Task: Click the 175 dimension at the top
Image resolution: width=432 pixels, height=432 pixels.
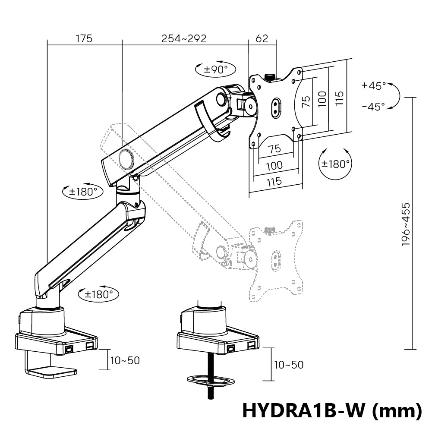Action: pos(84,38)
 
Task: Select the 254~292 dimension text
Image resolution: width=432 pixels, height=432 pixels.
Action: pos(184,38)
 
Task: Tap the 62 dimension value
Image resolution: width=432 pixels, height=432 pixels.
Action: pos(262,38)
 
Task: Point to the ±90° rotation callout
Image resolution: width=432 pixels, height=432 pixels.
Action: pos(216,69)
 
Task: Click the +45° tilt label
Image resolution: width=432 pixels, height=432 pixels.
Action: pos(374,85)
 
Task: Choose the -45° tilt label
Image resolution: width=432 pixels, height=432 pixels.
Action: pos(374,106)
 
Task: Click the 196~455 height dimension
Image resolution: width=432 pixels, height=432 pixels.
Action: pos(406,224)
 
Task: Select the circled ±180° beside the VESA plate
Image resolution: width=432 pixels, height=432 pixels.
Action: pos(335,164)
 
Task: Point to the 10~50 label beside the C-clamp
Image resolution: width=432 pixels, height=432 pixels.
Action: pos(125,360)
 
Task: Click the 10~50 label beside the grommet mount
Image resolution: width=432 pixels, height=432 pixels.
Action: pos(288,365)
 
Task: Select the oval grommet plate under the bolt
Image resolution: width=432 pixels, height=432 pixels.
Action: pos(211,380)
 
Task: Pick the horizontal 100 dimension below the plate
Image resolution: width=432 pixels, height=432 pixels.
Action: pos(274,165)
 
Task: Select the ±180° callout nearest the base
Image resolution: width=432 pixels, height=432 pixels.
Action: pos(98,294)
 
